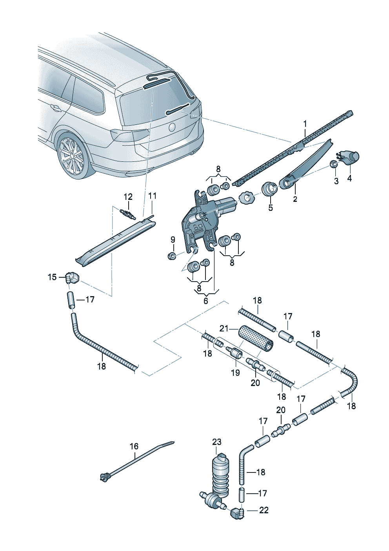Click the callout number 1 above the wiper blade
click(305, 124)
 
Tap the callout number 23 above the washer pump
click(217, 442)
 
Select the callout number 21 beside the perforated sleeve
click(224, 328)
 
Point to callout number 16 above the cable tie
click(134, 446)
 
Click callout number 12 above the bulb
click(128, 197)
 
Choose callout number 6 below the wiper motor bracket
click(206, 301)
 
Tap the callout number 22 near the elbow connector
click(264, 510)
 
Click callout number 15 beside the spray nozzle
click(52, 277)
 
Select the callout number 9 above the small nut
click(173, 240)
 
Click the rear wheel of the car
click(71, 156)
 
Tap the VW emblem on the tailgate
click(171, 127)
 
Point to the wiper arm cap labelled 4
click(350, 157)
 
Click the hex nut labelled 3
click(334, 164)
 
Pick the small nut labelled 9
click(172, 256)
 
